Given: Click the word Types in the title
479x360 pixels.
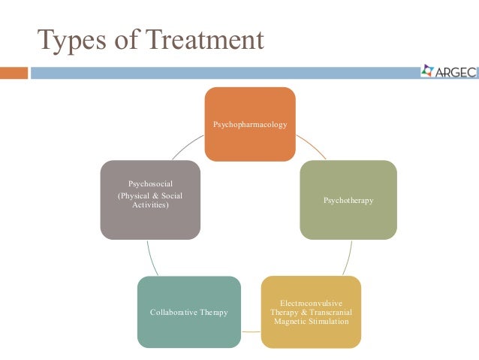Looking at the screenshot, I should coord(71,40).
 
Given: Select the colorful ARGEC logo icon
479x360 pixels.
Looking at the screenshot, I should coord(427,71).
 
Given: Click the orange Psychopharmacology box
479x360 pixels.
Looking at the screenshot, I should coord(250,124).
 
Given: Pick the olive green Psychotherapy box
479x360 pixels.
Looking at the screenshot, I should coord(348,200).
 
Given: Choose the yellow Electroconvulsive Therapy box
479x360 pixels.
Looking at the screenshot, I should coord(311,312).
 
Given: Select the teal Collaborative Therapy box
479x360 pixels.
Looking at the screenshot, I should coord(189,312).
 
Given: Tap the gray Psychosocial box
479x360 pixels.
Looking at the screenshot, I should coord(151,200).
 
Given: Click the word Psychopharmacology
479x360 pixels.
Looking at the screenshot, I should coord(250,124).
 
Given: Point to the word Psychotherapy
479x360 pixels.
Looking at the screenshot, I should coord(348,201).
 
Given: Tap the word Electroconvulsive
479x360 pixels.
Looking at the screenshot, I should coord(311,303).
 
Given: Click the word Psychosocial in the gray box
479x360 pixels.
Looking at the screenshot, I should coord(151,183).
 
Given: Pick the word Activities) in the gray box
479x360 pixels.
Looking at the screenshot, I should coord(151,205).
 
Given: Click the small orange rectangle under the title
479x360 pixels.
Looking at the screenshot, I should coord(14,73).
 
